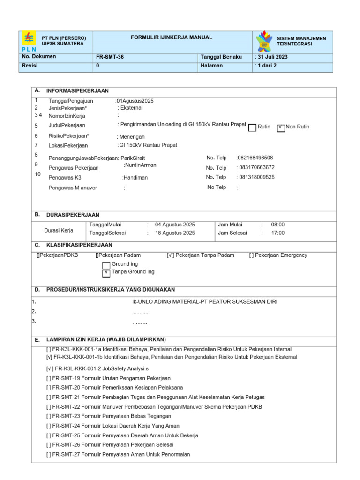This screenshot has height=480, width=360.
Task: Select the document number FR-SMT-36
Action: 110,57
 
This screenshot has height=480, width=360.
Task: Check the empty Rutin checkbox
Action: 252,127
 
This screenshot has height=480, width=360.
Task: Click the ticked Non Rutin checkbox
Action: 281,127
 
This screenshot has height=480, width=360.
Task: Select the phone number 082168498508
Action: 255,158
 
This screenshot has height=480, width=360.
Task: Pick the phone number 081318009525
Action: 256,177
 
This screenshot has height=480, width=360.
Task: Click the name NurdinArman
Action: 140,165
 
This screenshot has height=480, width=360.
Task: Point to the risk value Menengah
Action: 132,137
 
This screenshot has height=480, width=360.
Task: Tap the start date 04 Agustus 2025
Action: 175,225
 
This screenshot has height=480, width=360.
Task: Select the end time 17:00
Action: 277,233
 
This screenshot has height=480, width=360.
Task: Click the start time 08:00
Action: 277,225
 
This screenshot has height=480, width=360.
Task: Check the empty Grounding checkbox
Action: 106,265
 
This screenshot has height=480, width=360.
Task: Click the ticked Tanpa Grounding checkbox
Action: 106,273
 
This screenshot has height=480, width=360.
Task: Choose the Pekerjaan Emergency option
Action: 278,255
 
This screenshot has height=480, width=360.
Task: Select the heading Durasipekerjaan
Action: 73,215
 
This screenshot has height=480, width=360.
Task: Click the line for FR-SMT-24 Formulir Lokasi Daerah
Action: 112,426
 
